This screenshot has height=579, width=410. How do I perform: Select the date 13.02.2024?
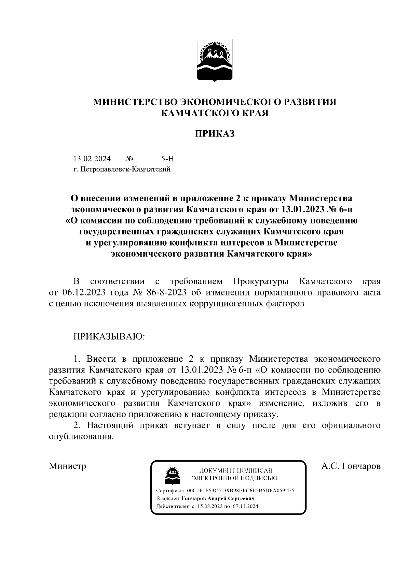tap(92, 159)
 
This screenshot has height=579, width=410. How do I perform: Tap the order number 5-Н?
tap(168, 159)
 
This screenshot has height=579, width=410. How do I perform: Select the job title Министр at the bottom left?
tap(67, 466)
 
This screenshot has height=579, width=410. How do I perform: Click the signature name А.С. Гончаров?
tap(351, 466)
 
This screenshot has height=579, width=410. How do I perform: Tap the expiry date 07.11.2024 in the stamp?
tap(245, 506)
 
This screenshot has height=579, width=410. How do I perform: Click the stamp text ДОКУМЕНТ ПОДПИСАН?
tap(236, 471)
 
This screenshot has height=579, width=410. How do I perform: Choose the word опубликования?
tap(81, 437)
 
